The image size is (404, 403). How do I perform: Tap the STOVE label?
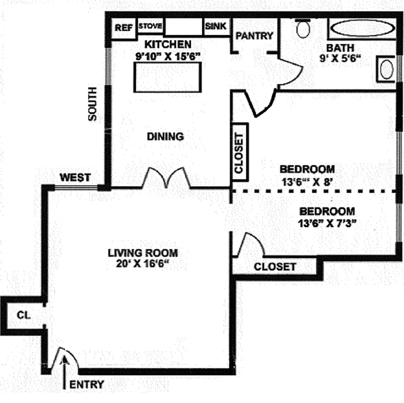point(150,27)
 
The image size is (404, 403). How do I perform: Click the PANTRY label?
point(254,36)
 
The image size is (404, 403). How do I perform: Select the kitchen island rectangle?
point(163,78)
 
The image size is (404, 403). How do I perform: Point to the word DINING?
point(165,136)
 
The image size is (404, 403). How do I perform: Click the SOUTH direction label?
point(93,103)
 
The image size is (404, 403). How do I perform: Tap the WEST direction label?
point(75,177)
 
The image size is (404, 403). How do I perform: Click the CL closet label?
point(23,315)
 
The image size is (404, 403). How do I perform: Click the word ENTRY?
point(86,384)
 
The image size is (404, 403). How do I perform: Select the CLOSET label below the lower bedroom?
point(275,267)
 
